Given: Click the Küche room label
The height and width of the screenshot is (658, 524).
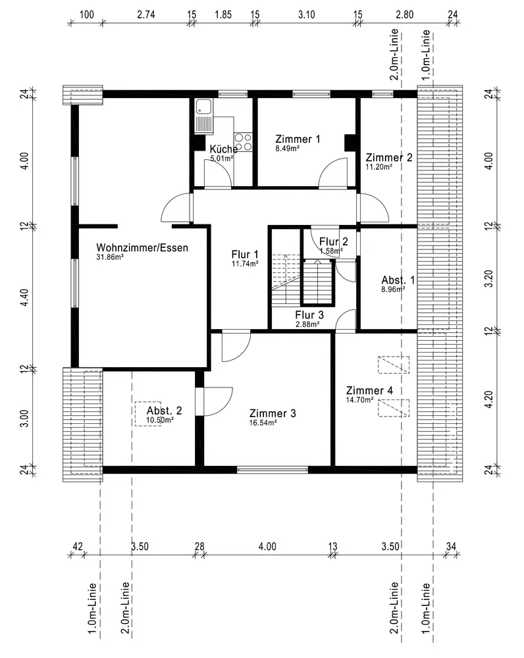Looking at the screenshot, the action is pos(224,149).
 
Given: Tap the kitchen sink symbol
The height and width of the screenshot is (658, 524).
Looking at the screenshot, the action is pos(201,116).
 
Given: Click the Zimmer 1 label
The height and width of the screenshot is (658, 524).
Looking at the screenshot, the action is pos(298,139).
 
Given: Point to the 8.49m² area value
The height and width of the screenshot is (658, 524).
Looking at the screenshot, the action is pos(287,149).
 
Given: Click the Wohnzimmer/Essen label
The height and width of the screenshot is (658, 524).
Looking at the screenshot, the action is pos(142,248).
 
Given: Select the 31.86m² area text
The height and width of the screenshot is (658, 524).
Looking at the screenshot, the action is pos(111,257).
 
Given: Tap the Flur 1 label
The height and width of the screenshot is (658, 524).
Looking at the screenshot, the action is pos(245,254).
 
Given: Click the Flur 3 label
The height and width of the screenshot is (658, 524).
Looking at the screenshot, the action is pos(308,315).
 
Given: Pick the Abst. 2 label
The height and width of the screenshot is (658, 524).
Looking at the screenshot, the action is pos(159,411).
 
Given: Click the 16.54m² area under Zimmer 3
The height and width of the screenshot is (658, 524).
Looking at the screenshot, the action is pos(263,423).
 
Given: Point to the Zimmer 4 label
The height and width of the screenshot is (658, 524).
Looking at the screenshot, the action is pos(370,390).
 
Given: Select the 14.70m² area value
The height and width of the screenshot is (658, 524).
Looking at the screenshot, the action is pos(360,399).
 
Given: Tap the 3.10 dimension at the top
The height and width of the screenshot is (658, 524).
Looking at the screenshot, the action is pos(307,14).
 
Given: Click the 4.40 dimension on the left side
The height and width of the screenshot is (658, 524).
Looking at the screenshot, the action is pos(24,299).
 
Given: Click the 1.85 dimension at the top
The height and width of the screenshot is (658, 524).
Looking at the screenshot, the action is pos(223,14).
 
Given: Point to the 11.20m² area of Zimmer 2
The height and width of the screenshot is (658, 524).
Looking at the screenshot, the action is pos(379,167).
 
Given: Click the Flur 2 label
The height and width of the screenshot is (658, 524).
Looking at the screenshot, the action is pos(333,241).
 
